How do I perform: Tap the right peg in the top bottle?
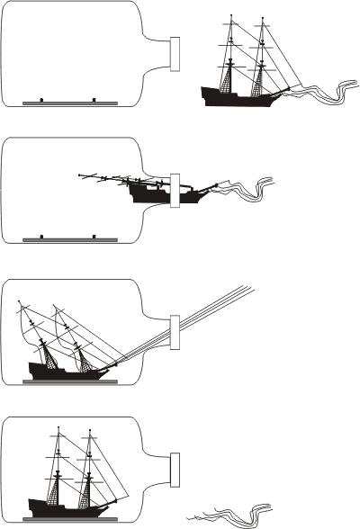pos(94,99)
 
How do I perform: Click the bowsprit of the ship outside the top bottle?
pos(285,88)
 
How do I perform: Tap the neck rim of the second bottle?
pos(175,191)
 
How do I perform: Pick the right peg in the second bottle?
pos(94,237)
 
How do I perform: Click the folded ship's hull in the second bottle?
pos(148,193)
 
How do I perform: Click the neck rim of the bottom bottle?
pos(175,468)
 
